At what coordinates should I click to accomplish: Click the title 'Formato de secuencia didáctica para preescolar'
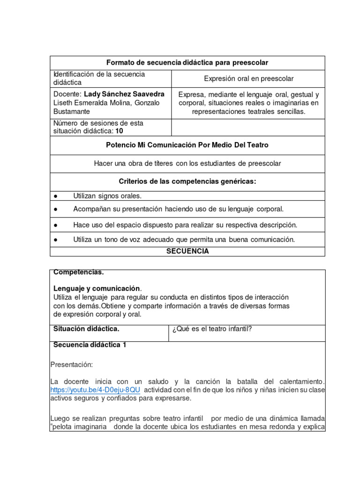187,63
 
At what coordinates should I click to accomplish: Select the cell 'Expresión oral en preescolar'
248,78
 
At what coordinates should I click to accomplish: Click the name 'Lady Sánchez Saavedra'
124,94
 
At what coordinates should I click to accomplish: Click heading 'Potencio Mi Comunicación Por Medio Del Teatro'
187,145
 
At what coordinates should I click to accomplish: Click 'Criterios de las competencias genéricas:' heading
187,181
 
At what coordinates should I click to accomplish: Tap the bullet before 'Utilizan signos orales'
55,196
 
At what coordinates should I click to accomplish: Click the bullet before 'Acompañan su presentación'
55,209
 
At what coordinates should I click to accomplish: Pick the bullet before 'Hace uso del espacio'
55,225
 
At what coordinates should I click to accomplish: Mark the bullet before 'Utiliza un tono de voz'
55,240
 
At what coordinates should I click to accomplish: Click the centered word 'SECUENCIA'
187,251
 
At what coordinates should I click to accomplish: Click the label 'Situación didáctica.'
86,329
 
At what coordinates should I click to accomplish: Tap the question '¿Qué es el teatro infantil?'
212,329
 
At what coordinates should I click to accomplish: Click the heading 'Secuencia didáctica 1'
90,345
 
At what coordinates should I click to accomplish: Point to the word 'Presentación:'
71,364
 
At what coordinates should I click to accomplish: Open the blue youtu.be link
95,390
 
